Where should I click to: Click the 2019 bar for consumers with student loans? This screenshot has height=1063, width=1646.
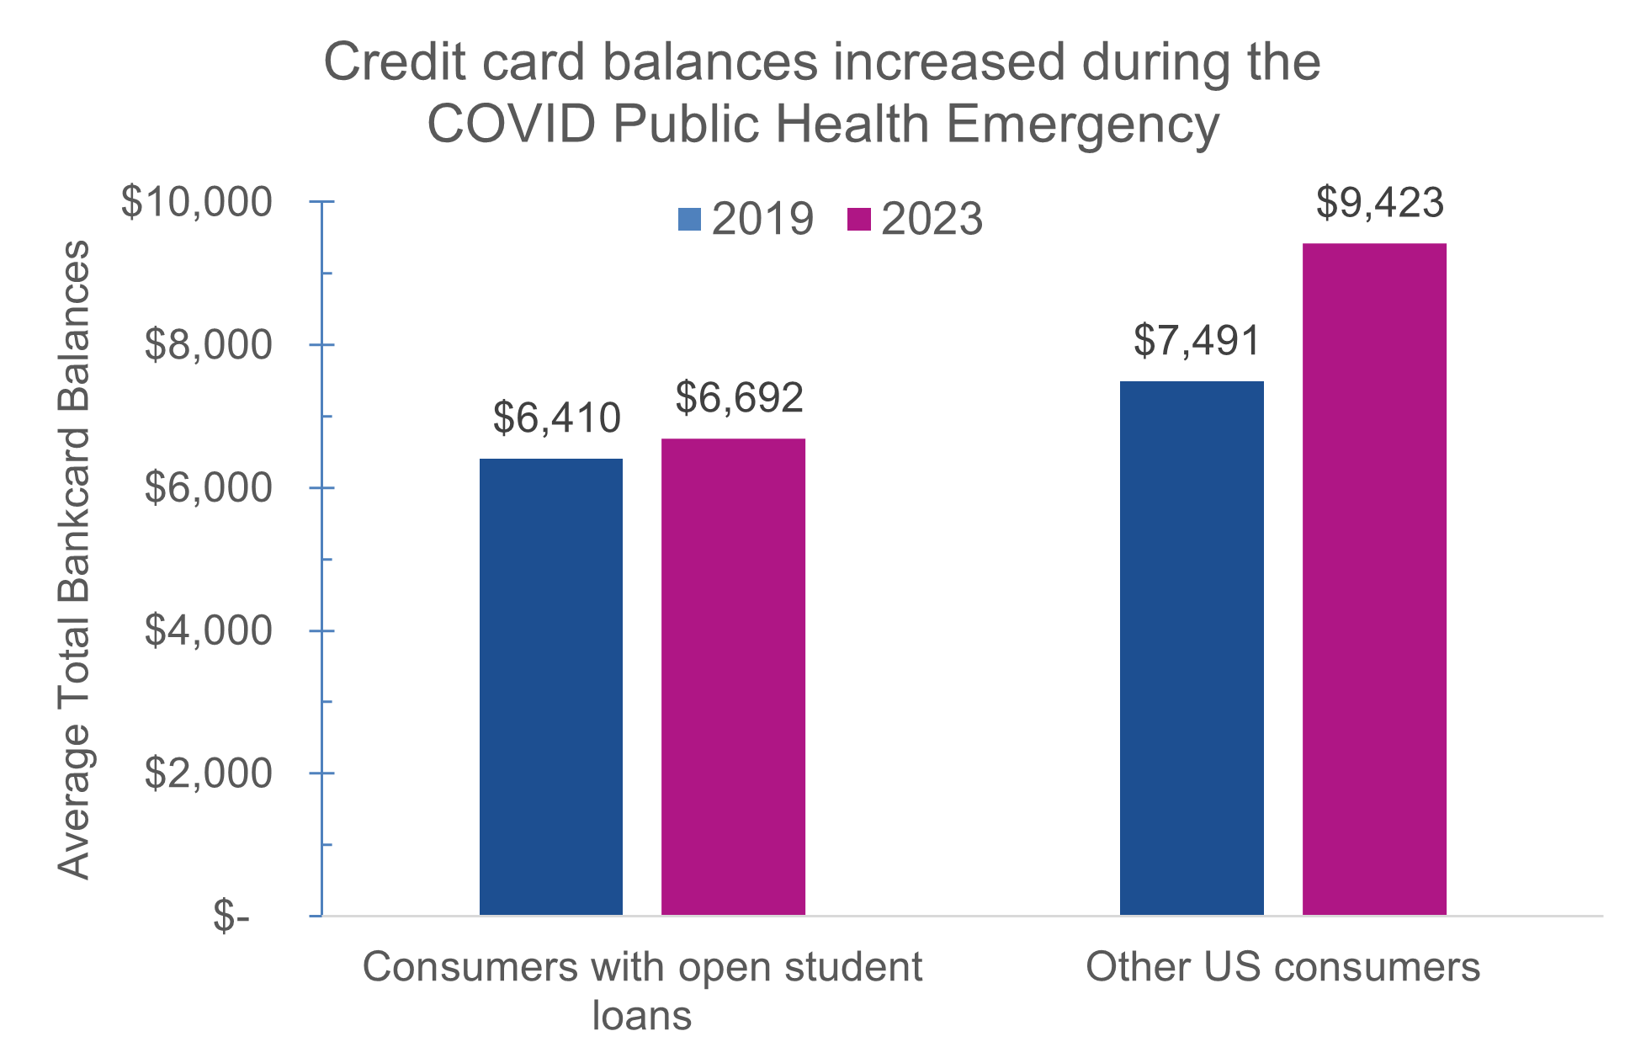[x=551, y=686]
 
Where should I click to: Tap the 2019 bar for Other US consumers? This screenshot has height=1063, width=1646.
[x=1192, y=647]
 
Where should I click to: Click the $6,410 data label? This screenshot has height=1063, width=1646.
[x=556, y=418]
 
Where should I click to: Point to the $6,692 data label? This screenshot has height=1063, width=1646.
[x=739, y=398]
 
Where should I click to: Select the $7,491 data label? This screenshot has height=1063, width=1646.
[x=1197, y=341]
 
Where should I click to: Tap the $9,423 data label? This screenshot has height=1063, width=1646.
[x=1379, y=203]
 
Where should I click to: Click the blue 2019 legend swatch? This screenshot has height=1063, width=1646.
[x=689, y=219]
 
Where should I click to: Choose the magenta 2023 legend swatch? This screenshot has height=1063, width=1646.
[x=858, y=219]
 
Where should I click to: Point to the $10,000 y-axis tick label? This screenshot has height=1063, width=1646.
[x=197, y=202]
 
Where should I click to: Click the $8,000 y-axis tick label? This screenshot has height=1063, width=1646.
[x=208, y=345]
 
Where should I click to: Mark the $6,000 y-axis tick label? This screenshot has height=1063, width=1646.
[x=208, y=488]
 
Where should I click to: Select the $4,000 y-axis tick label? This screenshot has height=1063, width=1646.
[x=208, y=630]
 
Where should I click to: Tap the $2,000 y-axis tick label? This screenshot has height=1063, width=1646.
[x=208, y=773]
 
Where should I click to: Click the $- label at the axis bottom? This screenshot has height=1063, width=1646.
[x=231, y=916]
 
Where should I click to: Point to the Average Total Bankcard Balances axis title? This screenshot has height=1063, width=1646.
[x=74, y=560]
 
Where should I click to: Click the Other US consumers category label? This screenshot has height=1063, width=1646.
[x=1282, y=967]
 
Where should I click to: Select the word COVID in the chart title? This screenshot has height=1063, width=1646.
[x=512, y=125]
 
